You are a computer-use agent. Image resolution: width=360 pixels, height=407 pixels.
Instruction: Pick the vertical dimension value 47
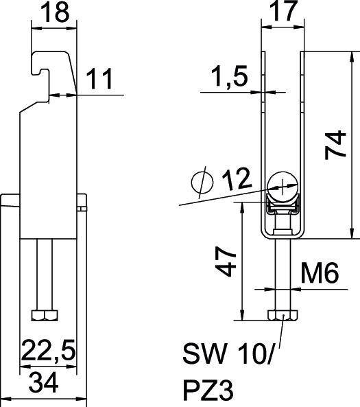(228, 261)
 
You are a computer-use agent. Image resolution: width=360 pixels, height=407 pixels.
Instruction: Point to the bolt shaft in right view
(283, 275)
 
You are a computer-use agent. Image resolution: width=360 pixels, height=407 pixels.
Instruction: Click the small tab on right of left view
(82, 203)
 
